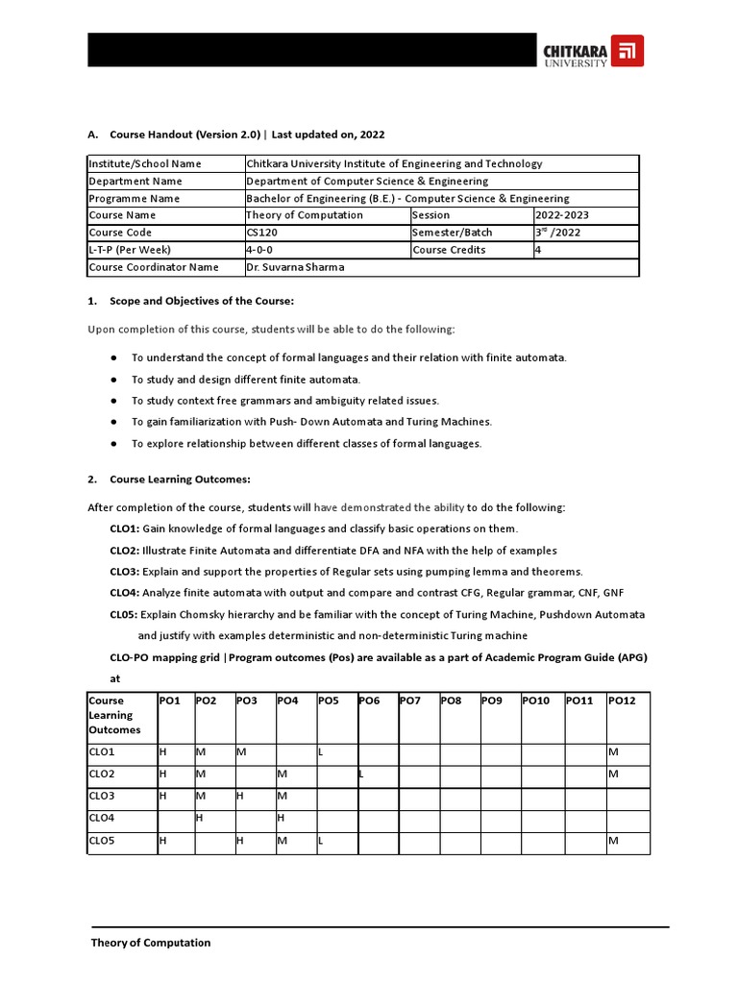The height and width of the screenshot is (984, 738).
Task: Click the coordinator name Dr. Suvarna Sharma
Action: point(294,267)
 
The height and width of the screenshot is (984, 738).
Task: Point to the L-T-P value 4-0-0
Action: point(260,250)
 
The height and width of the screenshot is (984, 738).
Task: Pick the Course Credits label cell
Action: point(449,250)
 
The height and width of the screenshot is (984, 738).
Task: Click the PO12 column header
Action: point(621,701)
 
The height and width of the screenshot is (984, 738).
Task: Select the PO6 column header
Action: point(369,701)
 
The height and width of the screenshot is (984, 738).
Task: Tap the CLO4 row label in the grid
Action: point(101,818)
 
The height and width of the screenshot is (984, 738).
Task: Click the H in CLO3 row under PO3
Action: point(240,796)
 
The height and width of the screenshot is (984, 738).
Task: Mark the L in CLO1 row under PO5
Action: point(321,750)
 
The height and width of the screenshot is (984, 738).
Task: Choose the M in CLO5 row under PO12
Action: point(613,842)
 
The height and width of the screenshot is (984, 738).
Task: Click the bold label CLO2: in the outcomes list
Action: point(125,551)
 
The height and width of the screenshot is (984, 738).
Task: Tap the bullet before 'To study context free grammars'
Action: point(113,401)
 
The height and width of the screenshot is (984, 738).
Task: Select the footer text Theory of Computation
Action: point(151,943)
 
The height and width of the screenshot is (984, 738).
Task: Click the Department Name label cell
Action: point(135,181)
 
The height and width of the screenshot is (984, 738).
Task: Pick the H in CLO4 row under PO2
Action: point(199,818)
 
